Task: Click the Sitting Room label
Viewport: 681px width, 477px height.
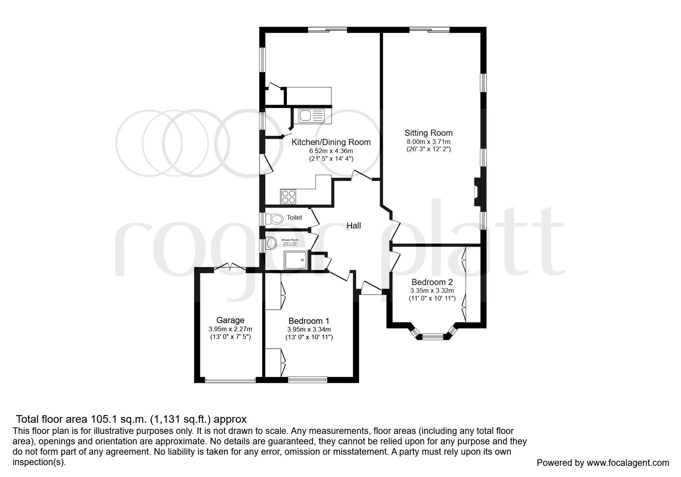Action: pyautogui.click(x=428, y=133)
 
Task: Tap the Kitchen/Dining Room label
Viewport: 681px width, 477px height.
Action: pyautogui.click(x=331, y=142)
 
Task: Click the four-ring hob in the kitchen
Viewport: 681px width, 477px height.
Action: pyautogui.click(x=288, y=197)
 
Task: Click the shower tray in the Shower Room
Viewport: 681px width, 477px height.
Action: pyautogui.click(x=296, y=261)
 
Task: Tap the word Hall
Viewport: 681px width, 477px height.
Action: pyautogui.click(x=353, y=226)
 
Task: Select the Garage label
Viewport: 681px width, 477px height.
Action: pyautogui.click(x=230, y=320)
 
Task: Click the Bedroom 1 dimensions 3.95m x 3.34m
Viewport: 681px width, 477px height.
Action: pyautogui.click(x=309, y=329)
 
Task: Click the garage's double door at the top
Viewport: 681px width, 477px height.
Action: pyautogui.click(x=230, y=268)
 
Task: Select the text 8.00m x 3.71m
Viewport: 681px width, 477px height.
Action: pyautogui.click(x=428, y=142)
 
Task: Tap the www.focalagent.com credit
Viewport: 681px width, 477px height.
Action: pyautogui.click(x=628, y=463)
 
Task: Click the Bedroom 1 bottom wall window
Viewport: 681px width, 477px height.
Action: pyautogui.click(x=308, y=380)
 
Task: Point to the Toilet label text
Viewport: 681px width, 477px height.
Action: pyautogui.click(x=294, y=218)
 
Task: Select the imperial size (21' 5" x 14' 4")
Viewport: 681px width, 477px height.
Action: pyautogui.click(x=331, y=158)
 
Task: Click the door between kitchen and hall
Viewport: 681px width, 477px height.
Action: pyautogui.click(x=361, y=176)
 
